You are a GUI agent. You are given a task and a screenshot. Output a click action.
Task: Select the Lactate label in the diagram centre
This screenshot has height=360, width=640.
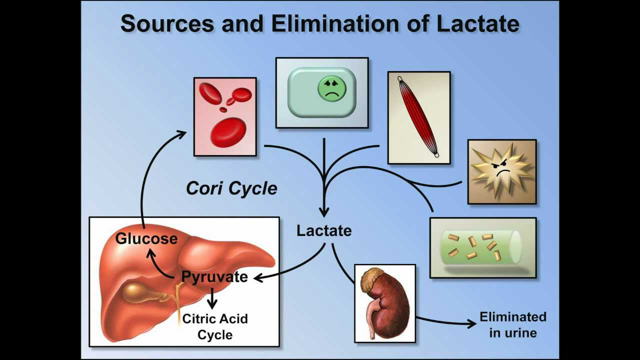pyautogui.click(x=324, y=230)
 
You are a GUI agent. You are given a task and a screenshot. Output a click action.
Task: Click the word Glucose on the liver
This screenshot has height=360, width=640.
pyautogui.click(x=145, y=239)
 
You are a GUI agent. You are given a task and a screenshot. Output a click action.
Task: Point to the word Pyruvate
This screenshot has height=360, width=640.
pyautogui.click(x=216, y=274)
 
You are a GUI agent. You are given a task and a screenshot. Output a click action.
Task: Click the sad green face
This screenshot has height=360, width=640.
pyautogui.click(x=328, y=90)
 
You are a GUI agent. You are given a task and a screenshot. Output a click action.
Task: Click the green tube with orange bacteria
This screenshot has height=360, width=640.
pyautogui.click(x=483, y=247)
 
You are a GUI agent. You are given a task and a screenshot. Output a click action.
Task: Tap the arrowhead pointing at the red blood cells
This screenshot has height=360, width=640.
pyautogui.click(x=180, y=134)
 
